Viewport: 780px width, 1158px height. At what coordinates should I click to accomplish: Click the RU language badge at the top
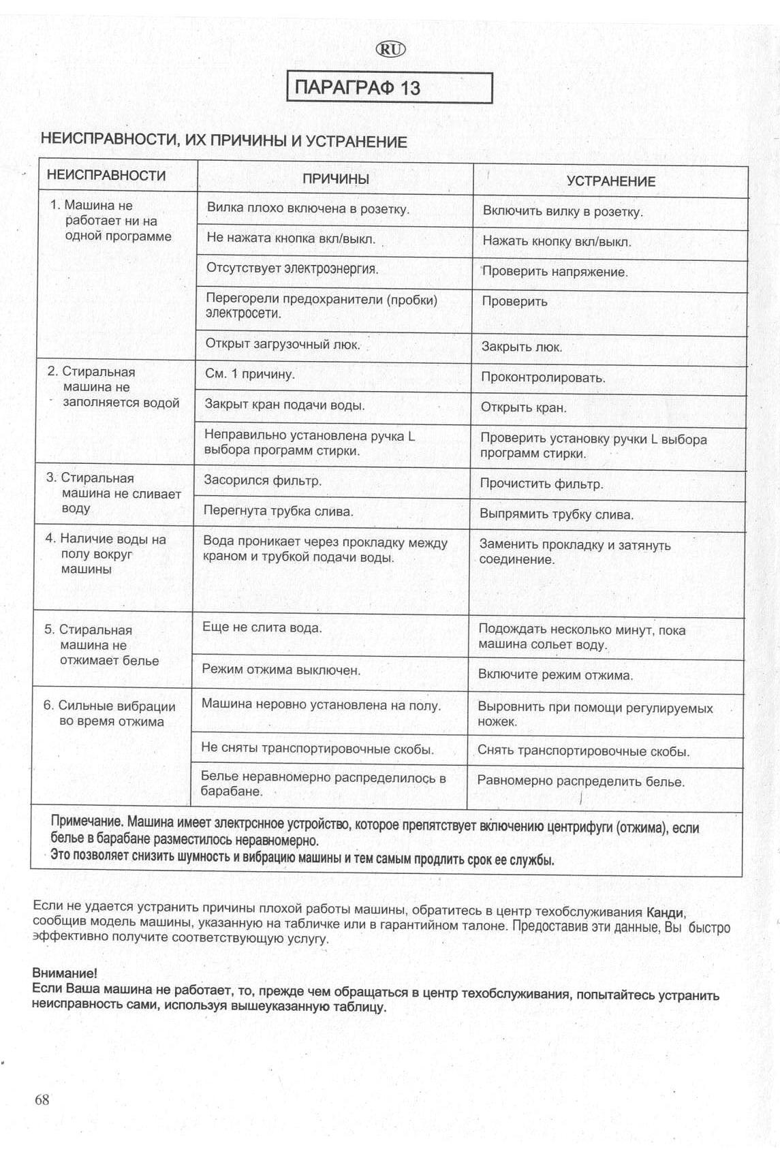(390, 49)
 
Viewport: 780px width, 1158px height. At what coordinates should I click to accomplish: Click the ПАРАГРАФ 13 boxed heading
(389, 87)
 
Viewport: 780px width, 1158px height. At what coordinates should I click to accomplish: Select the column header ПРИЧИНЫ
(335, 178)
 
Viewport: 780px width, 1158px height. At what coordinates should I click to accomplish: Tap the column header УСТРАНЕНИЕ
(610, 181)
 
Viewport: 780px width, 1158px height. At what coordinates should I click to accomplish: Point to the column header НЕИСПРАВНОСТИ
(106, 175)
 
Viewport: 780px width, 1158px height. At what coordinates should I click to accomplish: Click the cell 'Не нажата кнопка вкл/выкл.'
(291, 238)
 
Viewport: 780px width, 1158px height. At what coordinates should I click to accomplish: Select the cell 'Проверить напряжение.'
(555, 272)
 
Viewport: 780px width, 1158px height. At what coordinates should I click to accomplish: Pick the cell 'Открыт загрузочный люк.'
(283, 344)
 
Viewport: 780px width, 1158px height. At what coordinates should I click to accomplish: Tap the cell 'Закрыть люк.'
(522, 347)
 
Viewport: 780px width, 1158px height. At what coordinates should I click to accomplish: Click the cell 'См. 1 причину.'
(250, 374)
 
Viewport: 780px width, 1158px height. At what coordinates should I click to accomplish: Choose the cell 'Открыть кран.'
(523, 407)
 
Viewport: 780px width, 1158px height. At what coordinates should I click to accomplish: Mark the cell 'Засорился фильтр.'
(263, 480)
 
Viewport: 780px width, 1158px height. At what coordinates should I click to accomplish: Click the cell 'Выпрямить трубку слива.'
(557, 514)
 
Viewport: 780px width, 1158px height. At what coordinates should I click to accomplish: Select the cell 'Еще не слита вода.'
(262, 627)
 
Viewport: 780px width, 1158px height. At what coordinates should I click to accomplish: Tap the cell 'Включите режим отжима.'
(555, 675)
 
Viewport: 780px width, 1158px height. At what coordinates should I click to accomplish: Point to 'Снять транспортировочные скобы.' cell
(583, 751)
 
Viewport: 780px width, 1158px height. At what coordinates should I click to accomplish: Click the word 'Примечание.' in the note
(87, 821)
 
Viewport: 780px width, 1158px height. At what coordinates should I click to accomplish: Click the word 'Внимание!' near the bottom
(65, 973)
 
